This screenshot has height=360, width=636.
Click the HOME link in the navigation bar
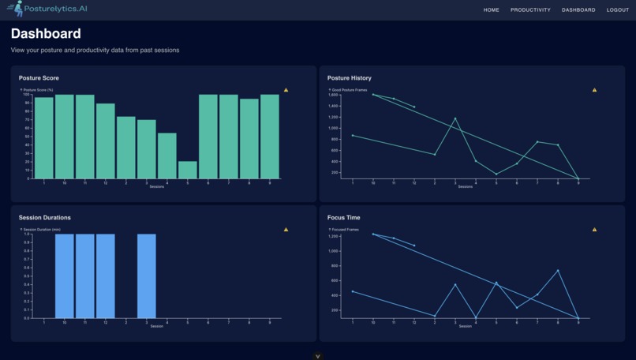point(491,10)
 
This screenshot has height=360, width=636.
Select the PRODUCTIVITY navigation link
point(530,10)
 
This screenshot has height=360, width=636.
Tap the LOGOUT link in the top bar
point(618,10)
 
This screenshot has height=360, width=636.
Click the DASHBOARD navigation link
point(578,10)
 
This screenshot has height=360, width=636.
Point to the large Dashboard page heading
point(46,34)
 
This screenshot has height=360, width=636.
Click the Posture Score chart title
point(39,78)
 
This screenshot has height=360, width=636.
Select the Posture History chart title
point(350,78)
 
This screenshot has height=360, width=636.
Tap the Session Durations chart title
point(44,217)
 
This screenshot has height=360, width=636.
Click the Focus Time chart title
point(344,217)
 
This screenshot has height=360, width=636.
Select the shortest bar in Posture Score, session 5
point(188,170)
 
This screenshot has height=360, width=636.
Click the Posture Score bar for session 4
point(167,156)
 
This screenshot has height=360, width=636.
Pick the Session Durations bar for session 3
point(147,276)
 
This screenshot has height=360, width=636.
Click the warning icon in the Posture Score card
point(286,90)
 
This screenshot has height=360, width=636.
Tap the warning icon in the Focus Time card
point(594,230)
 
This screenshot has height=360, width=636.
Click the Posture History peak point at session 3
point(455,118)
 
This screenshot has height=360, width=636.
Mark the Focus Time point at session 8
point(558,271)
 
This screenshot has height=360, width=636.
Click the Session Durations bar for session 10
point(65,276)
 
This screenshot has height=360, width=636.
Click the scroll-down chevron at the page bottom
point(318,356)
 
